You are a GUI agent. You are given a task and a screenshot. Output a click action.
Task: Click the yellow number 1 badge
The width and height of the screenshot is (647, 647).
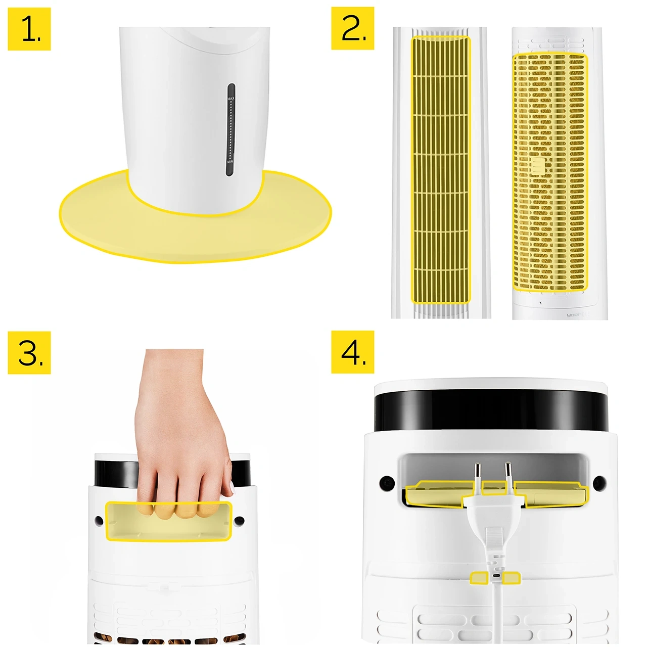click(29, 29)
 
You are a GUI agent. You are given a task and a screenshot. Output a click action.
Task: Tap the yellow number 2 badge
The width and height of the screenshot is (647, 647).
click(353, 28)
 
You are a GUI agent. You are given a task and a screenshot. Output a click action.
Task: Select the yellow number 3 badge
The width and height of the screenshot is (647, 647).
click(29, 353)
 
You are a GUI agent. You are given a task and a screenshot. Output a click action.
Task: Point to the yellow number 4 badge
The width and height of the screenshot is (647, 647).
click(353, 352)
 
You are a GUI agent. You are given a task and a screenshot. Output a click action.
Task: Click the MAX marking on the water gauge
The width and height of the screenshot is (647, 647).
click(231, 98)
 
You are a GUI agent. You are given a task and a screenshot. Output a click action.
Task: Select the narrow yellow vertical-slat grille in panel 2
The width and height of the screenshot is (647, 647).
click(441, 169)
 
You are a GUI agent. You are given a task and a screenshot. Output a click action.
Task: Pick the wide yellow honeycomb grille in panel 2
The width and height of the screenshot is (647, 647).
click(550, 172)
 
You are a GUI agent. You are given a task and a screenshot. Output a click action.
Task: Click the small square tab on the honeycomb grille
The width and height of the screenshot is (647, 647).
click(537, 165)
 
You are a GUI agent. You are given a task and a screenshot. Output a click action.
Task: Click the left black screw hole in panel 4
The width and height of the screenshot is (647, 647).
click(387, 483)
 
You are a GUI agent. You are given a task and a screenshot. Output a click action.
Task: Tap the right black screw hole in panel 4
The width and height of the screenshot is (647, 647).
click(599, 483)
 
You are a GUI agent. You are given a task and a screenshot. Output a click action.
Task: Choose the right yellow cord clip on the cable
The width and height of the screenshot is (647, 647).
click(512, 577)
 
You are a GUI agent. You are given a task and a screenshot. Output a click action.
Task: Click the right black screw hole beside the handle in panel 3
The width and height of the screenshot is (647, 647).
click(239, 520)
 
